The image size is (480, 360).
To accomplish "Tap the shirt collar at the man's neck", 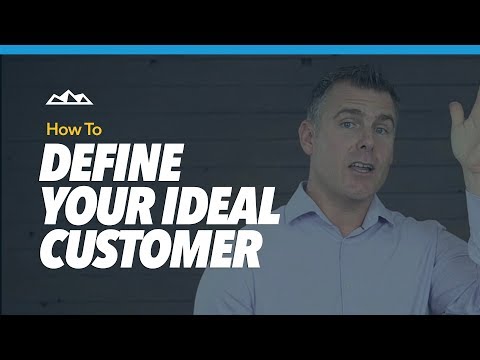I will point(345,205).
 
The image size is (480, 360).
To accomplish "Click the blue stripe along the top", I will point(240,49).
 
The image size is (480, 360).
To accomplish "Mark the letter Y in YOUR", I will point(54,206).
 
